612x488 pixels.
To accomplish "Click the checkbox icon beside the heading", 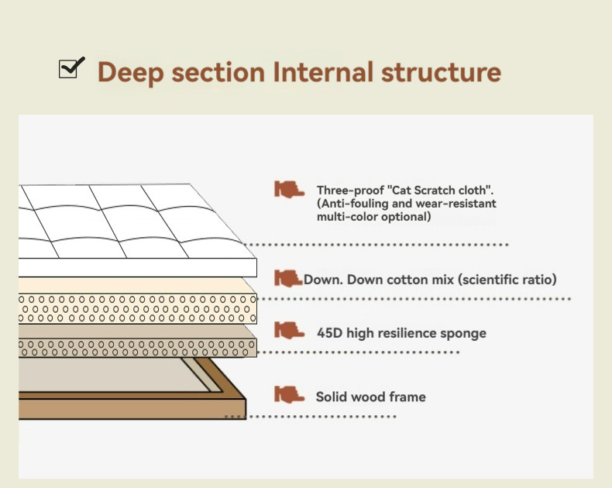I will click(70, 69).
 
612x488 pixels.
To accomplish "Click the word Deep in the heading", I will click(129, 73).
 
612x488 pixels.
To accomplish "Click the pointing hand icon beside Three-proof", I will click(289, 190).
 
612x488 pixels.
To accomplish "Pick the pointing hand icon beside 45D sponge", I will click(289, 331).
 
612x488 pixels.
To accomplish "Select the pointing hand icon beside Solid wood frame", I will click(289, 395).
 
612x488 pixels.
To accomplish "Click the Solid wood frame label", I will click(370, 397).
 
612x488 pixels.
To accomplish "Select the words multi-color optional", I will click(373, 217).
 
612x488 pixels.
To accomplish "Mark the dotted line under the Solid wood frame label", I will click(310, 417).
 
